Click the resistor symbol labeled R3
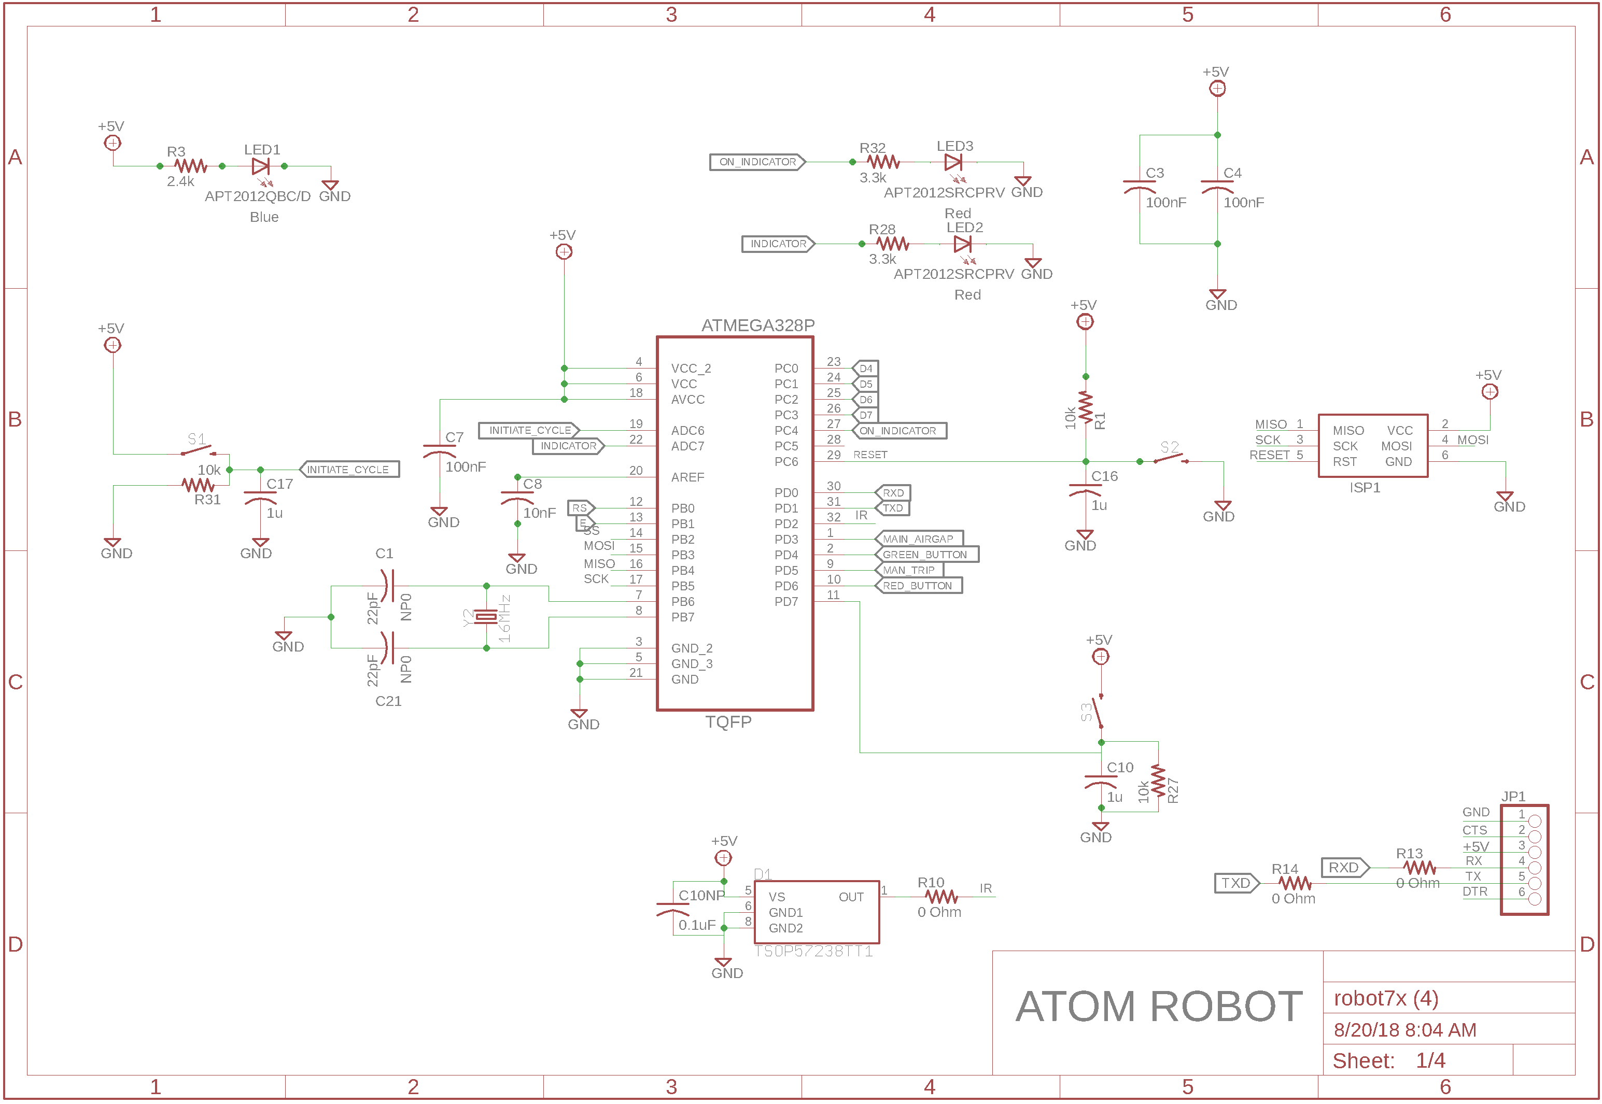(190, 166)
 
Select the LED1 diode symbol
(261, 166)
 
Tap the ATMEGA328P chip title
(757, 325)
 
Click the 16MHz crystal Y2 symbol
(486, 617)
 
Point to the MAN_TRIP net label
(909, 571)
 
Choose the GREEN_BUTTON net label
(925, 555)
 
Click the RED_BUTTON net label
(918, 586)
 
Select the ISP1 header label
(1364, 488)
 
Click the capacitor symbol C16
(1085, 491)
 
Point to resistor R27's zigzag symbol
(1158, 782)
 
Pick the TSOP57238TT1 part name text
(813, 952)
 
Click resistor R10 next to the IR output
(941, 897)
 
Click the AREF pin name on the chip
(687, 477)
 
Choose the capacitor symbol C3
(1139, 187)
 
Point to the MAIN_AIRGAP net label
(918, 539)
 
